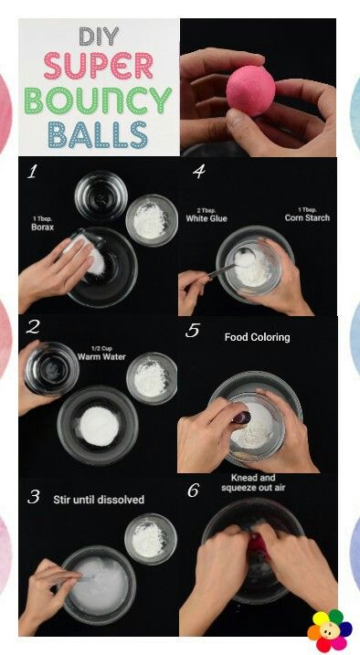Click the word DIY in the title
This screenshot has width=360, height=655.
99,37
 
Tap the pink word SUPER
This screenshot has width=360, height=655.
99,66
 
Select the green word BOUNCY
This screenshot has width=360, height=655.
98,100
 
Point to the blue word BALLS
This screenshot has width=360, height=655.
98,134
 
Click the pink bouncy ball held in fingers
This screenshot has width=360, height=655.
250,90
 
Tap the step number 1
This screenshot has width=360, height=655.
32,172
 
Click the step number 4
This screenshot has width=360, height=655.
198,171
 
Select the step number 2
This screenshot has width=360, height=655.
32,327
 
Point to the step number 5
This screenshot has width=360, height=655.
192,330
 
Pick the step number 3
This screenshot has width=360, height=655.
34,497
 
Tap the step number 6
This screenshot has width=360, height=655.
193,491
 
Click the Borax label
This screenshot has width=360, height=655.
42,225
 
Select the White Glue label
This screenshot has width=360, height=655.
206,216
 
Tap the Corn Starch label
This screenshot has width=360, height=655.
307,215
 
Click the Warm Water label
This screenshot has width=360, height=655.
101,354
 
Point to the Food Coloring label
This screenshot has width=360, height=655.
258,337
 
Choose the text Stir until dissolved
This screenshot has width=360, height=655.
99,500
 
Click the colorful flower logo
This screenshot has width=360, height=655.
330,630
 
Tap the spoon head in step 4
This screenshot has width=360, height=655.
244,257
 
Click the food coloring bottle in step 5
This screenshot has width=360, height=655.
242,417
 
